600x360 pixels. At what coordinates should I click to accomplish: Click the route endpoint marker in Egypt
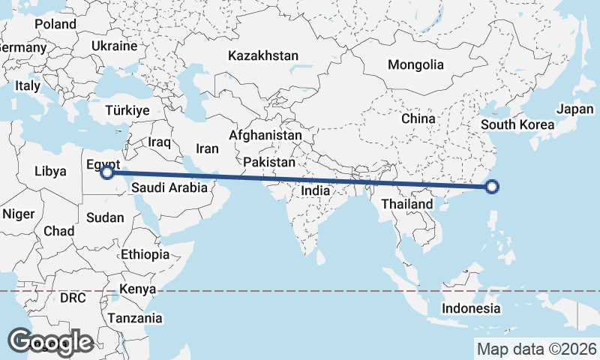(x=107, y=172)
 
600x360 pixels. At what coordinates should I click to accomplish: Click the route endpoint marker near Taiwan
(x=492, y=187)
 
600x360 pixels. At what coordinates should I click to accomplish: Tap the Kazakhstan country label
(x=264, y=55)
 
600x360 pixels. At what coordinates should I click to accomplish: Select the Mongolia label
(x=415, y=64)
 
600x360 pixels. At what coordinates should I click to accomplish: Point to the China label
(x=418, y=118)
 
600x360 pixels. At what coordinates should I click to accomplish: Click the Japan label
(x=575, y=109)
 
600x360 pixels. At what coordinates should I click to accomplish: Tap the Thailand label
(x=407, y=204)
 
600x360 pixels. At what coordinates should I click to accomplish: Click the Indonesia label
(x=470, y=308)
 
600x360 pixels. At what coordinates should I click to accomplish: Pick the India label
(x=316, y=190)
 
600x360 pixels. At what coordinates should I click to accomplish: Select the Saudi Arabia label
(x=169, y=188)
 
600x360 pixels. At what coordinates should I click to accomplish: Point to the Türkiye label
(x=127, y=110)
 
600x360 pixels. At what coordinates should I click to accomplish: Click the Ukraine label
(x=114, y=46)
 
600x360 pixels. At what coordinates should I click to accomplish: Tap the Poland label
(x=55, y=24)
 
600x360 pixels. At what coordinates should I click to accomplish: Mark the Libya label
(x=50, y=171)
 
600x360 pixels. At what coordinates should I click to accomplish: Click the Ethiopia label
(x=145, y=254)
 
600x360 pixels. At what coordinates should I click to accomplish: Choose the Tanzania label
(x=135, y=318)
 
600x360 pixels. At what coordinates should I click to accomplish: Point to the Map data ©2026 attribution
(x=537, y=349)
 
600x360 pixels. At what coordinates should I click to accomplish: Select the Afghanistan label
(x=265, y=136)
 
